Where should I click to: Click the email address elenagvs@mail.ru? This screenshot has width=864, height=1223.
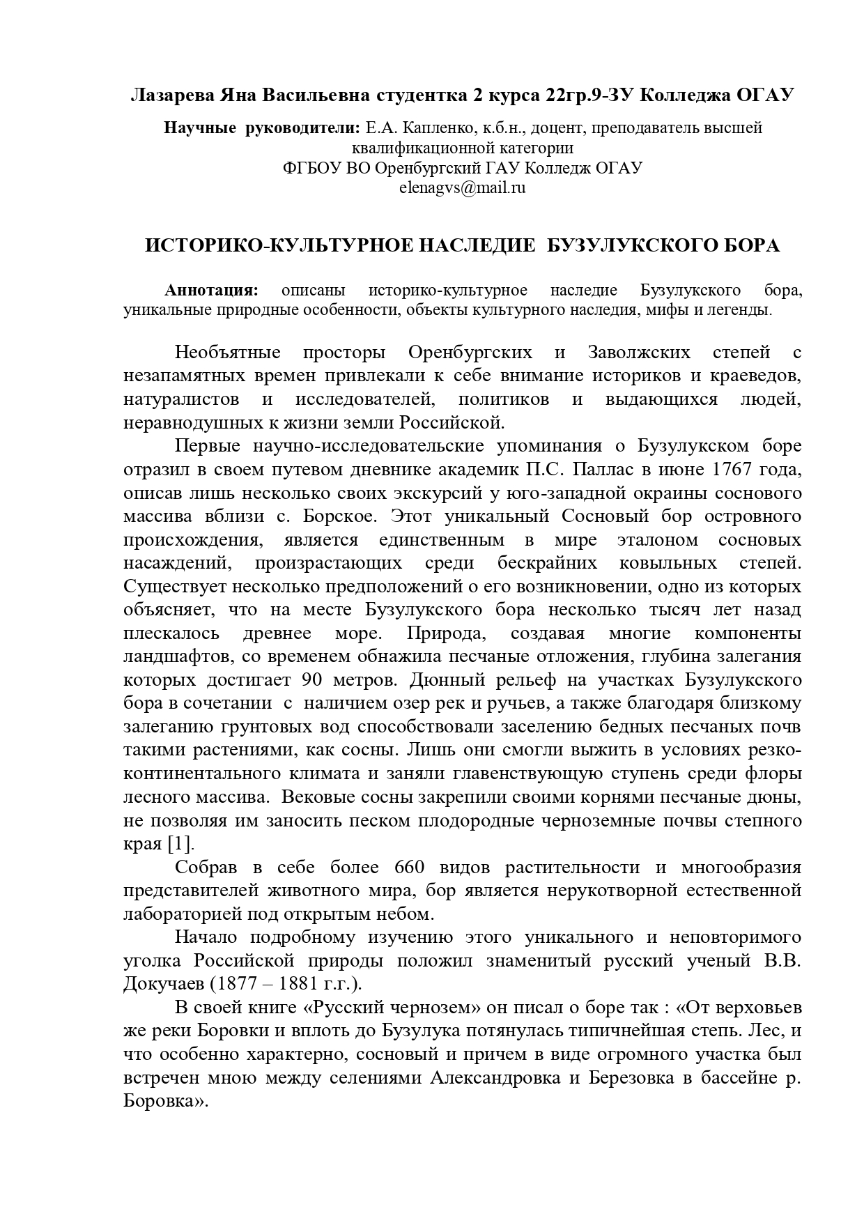[462, 187]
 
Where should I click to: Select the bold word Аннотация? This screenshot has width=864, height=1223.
[211, 290]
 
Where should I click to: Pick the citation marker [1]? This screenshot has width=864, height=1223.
[180, 844]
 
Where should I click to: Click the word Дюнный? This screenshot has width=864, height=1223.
[445, 679]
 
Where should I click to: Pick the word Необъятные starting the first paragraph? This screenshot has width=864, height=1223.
[227, 352]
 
